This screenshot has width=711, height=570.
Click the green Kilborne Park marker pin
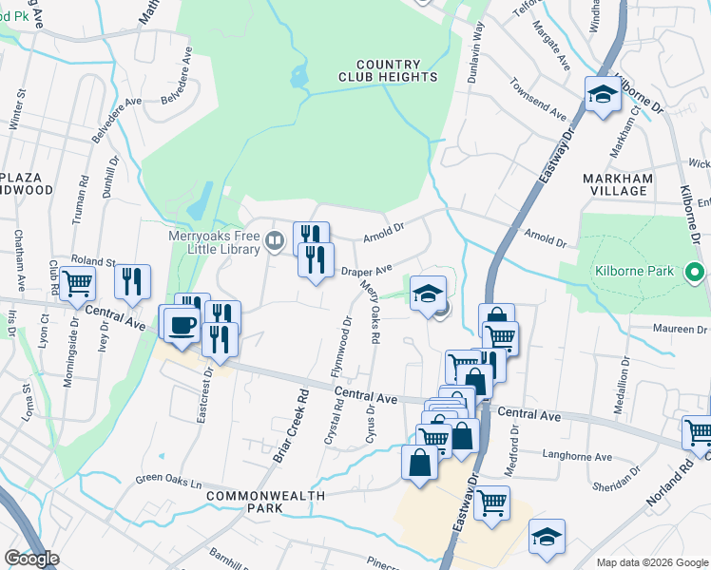pyautogui.click(x=693, y=272)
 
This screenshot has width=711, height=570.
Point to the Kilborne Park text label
pyautogui.click(x=634, y=272)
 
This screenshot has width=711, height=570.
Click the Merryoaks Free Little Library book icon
pyautogui.click(x=274, y=241)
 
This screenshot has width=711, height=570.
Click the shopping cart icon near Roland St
pyautogui.click(x=78, y=282)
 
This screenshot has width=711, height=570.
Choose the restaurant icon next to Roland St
pyautogui.click(x=132, y=281)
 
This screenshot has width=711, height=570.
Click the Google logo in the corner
pyautogui.click(x=31, y=559)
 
